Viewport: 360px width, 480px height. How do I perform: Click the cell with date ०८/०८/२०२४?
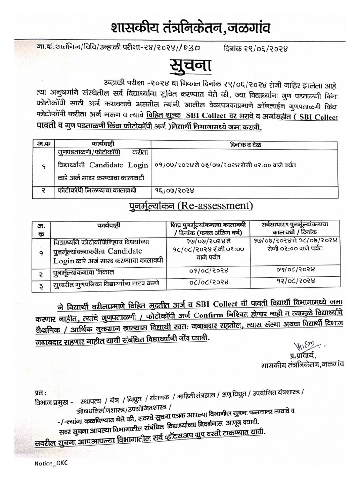coord(210,282)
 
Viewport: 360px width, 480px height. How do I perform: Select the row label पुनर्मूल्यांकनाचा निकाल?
coord(84,272)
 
